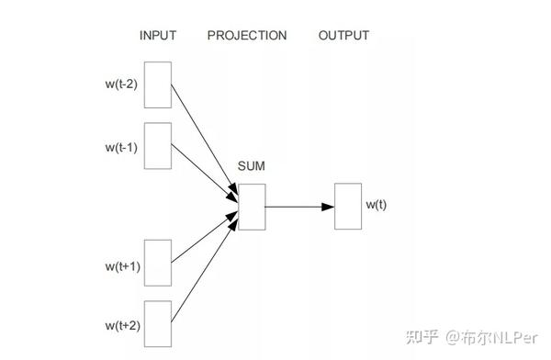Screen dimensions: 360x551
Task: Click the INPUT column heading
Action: tap(157, 36)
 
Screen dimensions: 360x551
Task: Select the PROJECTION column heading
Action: tap(247, 36)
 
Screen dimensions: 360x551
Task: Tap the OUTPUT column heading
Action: tap(343, 36)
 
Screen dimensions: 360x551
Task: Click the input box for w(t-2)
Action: tap(158, 85)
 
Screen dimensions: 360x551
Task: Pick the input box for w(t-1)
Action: tap(158, 144)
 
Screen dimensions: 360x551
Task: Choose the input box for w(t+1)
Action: tap(158, 264)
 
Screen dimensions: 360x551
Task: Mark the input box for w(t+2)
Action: tap(158, 323)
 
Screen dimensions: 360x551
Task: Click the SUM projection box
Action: tap(252, 206)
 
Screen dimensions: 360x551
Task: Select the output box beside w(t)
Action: tap(347, 206)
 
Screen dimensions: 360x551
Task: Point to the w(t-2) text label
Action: tap(121, 86)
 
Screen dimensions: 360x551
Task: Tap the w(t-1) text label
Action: tap(121, 146)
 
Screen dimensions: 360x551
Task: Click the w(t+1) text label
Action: tap(121, 267)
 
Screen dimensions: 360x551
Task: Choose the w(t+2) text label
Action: tap(121, 326)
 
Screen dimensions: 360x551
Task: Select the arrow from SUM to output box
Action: tap(299, 206)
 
